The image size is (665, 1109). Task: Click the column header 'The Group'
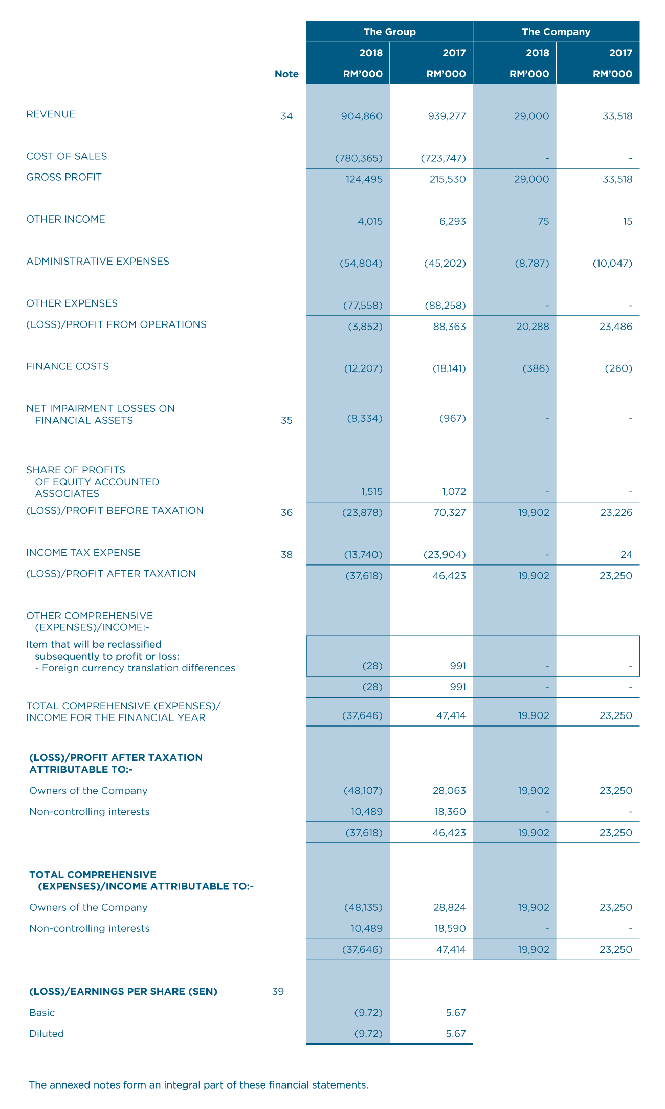tap(389, 32)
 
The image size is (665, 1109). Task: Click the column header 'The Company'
tap(556, 32)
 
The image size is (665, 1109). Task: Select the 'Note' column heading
tap(286, 74)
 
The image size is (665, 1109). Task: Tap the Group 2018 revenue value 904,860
tap(362, 116)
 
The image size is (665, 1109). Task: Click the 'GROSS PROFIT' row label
tap(64, 177)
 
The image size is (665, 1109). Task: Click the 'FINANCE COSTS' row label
tap(68, 366)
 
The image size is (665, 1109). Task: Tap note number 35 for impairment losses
tap(286, 420)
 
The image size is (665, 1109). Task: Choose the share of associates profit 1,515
tap(371, 492)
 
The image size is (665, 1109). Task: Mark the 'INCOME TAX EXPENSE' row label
tap(83, 553)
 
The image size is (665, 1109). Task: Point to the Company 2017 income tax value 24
tap(626, 555)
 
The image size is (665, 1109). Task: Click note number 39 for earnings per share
tap(278, 992)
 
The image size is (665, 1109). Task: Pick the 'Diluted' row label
tap(47, 1034)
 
